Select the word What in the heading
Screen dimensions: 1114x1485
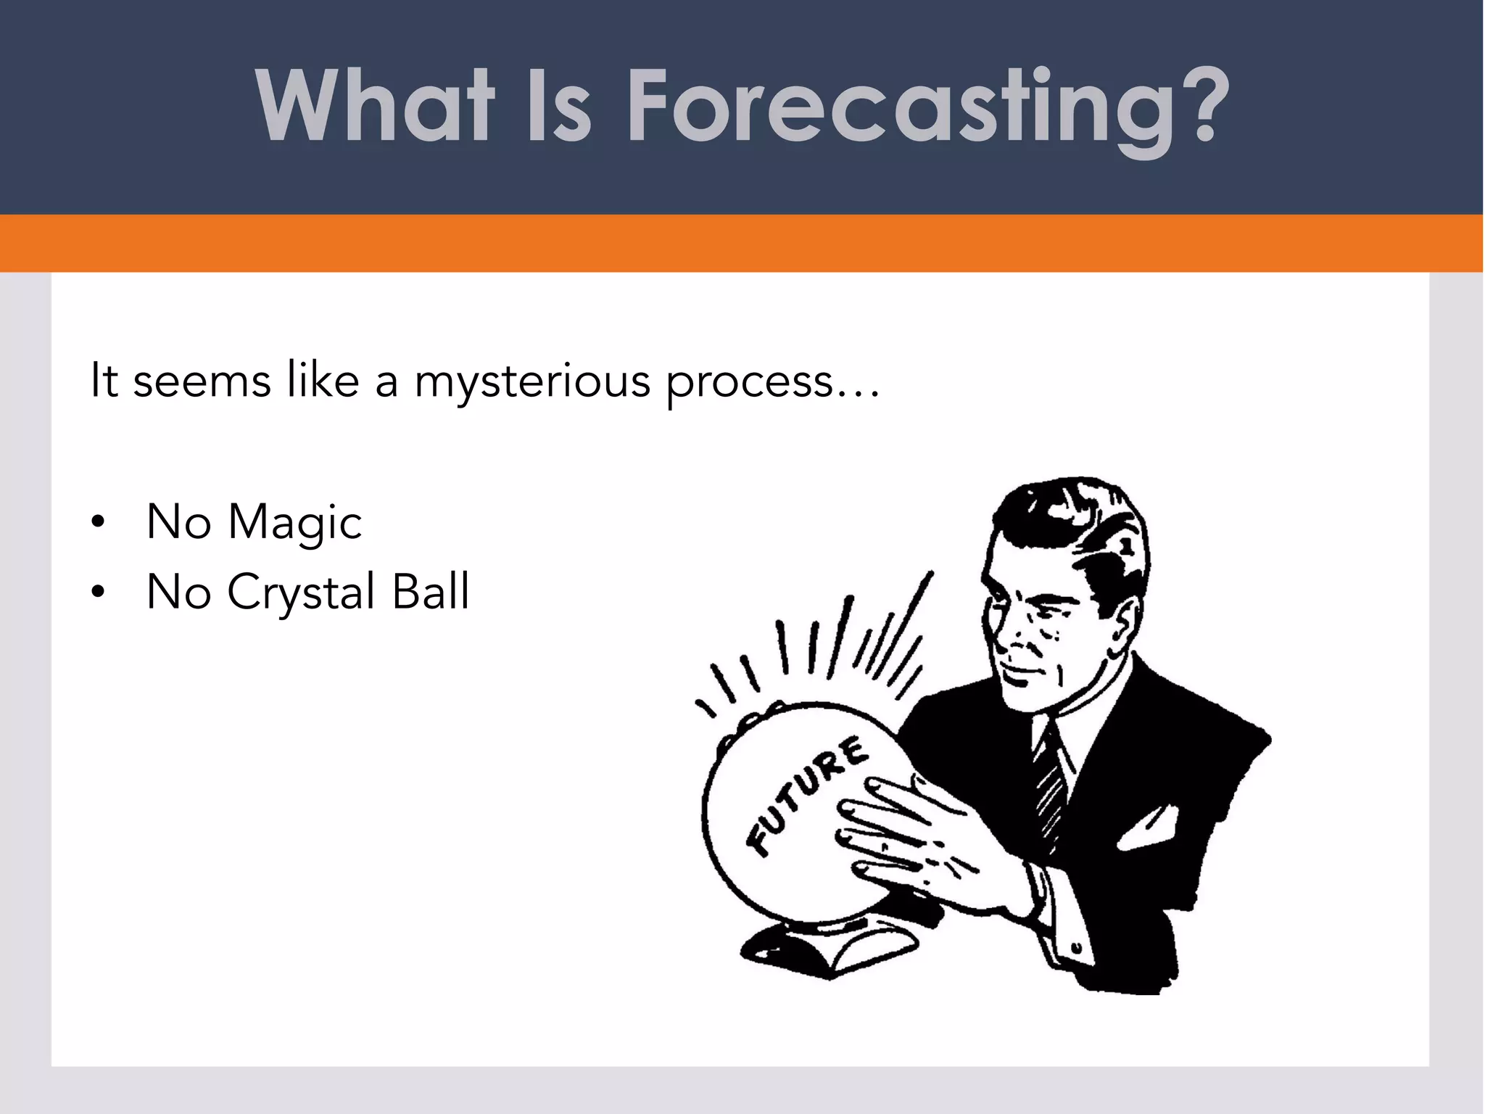coord(374,107)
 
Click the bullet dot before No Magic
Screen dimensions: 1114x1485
coord(99,522)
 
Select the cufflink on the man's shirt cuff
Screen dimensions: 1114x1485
coord(1076,947)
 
